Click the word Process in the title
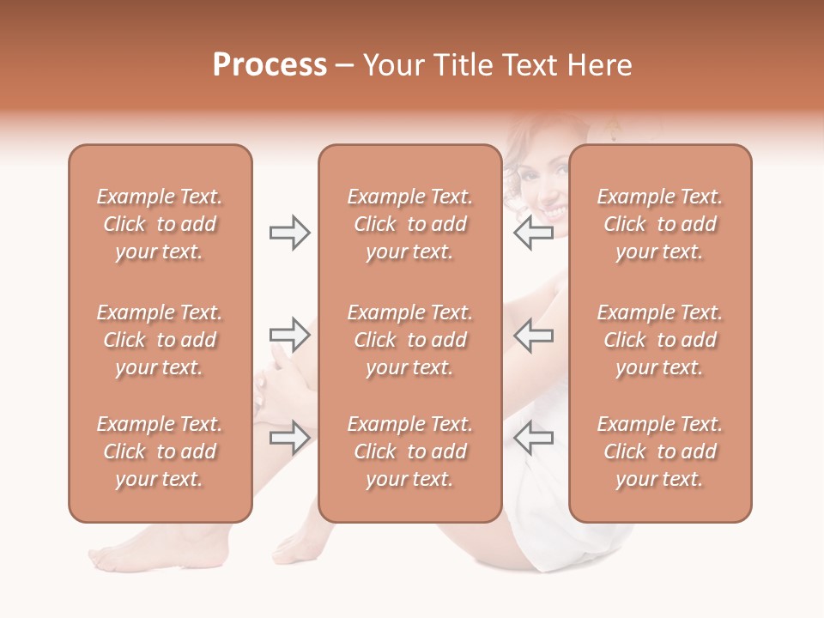point(270,65)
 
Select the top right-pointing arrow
point(290,233)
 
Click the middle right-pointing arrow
point(290,335)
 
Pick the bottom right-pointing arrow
point(290,437)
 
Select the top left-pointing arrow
point(533,233)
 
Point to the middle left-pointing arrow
point(533,335)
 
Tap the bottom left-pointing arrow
point(533,437)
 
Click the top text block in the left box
point(160,224)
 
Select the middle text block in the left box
point(160,340)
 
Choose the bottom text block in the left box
point(160,451)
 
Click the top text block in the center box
point(409,224)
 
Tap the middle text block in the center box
point(409,340)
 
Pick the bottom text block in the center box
point(409,451)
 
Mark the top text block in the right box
point(659,224)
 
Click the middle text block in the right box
point(659,340)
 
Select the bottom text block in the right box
point(659,451)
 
